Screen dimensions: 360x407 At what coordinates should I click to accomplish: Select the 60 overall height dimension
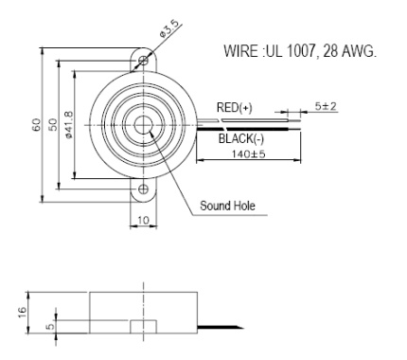36,125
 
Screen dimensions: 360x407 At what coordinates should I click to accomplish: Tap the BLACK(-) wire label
240,137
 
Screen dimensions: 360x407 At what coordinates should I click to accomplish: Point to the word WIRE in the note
239,49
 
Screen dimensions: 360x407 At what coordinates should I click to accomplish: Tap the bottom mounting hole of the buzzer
143,189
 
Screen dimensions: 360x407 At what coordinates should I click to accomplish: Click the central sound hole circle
144,125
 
